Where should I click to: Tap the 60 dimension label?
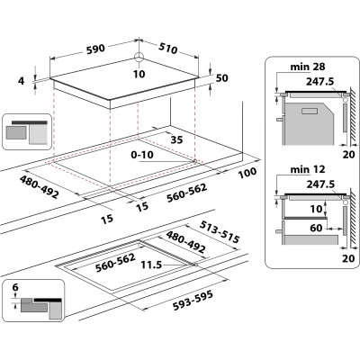point(314,229)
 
